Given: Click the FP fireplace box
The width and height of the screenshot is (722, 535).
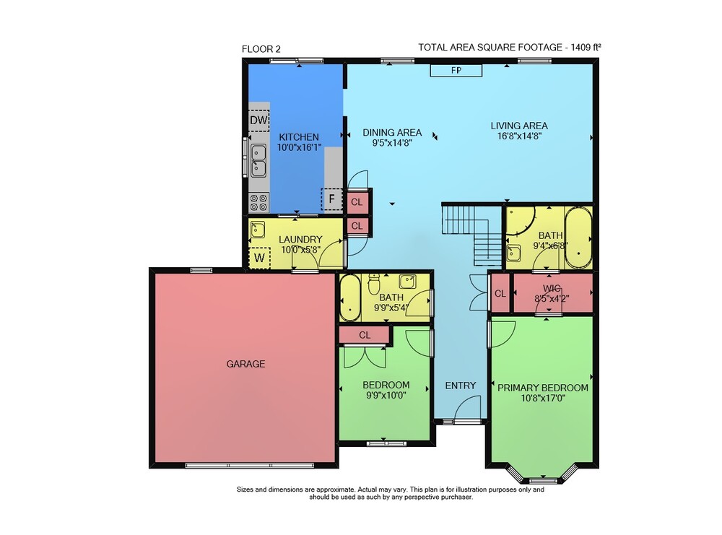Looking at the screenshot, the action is point(456,71).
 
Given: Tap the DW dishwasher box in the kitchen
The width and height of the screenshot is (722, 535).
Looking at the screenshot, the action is point(258,121).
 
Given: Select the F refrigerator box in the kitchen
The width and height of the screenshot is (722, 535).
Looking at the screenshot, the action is point(331,199).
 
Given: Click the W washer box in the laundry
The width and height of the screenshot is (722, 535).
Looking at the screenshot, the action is point(259,258).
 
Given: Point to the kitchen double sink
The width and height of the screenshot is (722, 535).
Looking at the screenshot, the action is point(258,160).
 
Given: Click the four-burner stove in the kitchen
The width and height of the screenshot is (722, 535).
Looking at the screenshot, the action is point(258,203).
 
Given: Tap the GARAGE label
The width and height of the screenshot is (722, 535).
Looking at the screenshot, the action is point(245,364).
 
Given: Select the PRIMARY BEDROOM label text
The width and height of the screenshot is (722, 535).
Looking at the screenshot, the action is point(543,388).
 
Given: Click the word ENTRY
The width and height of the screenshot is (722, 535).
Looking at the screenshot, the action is point(461,386).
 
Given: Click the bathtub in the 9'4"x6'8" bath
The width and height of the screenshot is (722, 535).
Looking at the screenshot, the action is point(578,238).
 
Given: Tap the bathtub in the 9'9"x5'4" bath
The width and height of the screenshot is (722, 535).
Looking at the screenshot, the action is point(350,298).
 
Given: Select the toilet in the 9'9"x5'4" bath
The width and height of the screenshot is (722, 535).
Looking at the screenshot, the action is point(373,284).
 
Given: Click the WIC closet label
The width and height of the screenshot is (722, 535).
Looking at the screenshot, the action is point(552,288).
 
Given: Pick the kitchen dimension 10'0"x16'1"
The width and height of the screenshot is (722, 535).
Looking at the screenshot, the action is point(299,148).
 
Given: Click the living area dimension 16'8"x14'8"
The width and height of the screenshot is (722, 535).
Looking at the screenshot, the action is point(519,136).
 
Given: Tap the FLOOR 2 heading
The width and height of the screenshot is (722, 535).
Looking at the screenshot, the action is point(261,49).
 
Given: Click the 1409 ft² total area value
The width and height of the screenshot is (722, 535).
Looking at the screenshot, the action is point(586,47).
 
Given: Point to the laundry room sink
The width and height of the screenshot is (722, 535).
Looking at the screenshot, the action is point(258,230).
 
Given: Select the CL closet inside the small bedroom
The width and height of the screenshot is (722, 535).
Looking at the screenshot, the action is point(365,335).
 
